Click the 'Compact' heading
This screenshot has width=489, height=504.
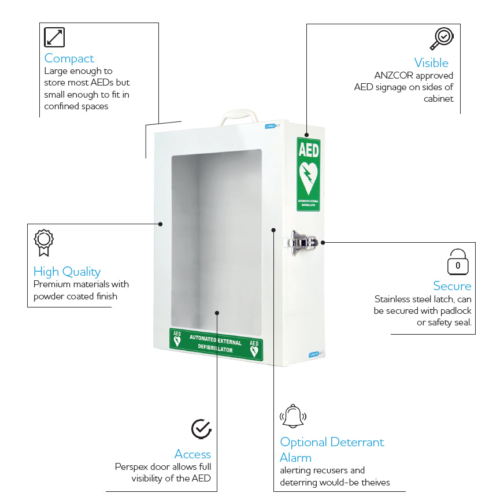pyautogui.click(x=69, y=58)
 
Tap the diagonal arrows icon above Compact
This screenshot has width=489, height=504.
pyautogui.click(x=54, y=37)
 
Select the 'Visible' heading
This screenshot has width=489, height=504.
pyautogui.click(x=431, y=63)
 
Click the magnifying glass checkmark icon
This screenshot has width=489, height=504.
pyautogui.click(x=442, y=38)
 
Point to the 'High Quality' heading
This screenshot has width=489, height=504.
pyautogui.click(x=67, y=272)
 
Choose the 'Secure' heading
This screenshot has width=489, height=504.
pyautogui.click(x=452, y=286)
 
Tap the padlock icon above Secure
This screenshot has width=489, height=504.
pyautogui.click(x=458, y=262)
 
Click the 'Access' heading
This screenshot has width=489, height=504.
pyautogui.click(x=192, y=454)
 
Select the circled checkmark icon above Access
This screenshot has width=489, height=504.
pyautogui.click(x=201, y=429)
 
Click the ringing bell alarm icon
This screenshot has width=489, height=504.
pyautogui.click(x=293, y=416)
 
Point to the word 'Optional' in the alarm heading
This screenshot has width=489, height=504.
pyautogui.click(x=303, y=442)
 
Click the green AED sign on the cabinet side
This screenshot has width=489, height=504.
pyautogui.click(x=308, y=174)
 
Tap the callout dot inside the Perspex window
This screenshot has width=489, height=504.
pyautogui.click(x=217, y=313)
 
